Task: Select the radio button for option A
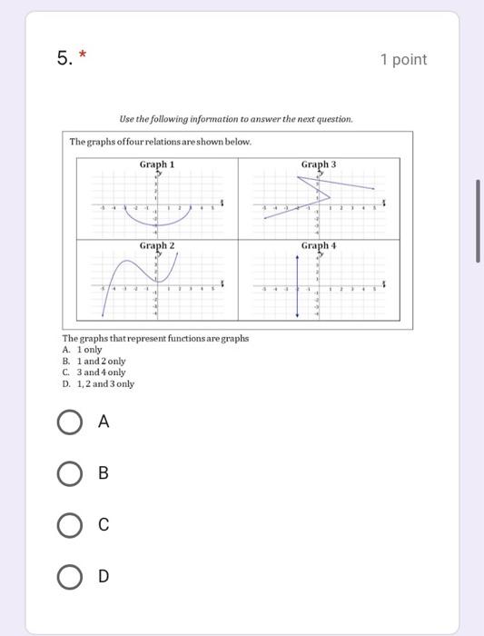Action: pyautogui.click(x=69, y=422)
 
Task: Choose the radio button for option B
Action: pyautogui.click(x=69, y=473)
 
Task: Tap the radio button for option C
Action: pyautogui.click(x=69, y=525)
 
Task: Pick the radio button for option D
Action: pyautogui.click(x=69, y=576)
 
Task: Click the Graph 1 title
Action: pyautogui.click(x=157, y=164)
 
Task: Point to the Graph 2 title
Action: pyautogui.click(x=157, y=246)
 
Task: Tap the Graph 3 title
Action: pyautogui.click(x=319, y=164)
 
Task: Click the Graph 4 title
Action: pyautogui.click(x=319, y=246)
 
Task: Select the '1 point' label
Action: pyautogui.click(x=403, y=60)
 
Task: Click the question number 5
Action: pyautogui.click(x=64, y=59)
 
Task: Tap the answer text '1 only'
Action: pyautogui.click(x=89, y=350)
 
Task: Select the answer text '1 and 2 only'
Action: pyautogui.click(x=101, y=361)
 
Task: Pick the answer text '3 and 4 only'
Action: pyautogui.click(x=101, y=373)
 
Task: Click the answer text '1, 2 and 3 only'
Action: pyautogui.click(x=105, y=383)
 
